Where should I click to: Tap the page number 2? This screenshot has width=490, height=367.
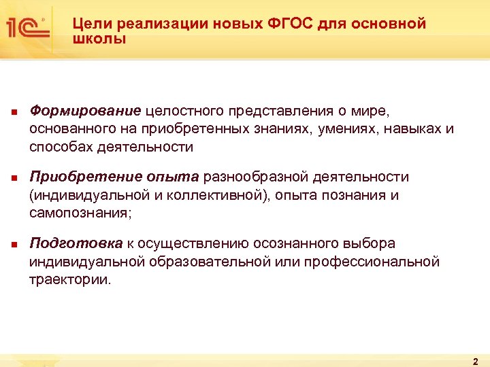pos(475,361)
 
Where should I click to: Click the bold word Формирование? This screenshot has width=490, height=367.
pos(85,110)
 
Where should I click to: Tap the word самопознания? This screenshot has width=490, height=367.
pos(82,213)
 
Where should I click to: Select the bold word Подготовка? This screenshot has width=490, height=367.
pos(76,243)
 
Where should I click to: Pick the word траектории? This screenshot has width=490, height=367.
pos(69,280)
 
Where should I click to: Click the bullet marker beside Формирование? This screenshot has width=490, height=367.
pos(13,111)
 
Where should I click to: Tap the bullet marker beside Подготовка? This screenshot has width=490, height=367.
pos(13,244)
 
